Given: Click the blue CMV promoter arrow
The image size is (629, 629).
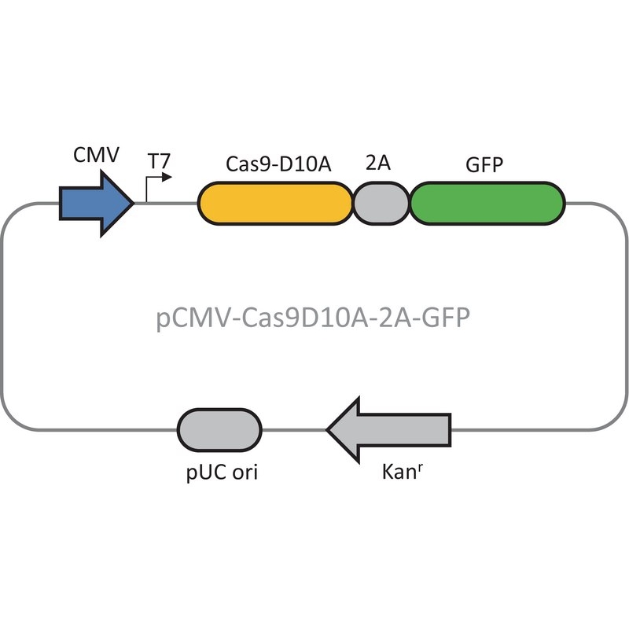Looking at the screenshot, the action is [96, 204].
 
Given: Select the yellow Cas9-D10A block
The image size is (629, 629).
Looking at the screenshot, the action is [276, 204].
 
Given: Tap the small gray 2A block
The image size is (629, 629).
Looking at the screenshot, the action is [381, 204].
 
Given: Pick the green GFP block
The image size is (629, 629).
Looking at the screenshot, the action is [487, 204].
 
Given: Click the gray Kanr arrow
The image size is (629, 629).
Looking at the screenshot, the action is [388, 429].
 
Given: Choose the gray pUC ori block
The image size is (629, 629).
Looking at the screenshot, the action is [219, 429].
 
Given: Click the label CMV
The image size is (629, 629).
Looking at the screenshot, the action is [96, 155].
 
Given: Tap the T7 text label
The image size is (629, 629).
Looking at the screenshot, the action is [160, 161].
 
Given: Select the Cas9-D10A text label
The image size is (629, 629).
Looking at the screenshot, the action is [278, 164].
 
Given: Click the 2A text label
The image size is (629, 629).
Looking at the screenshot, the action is [378, 163].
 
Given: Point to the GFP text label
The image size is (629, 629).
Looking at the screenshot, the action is [484, 164].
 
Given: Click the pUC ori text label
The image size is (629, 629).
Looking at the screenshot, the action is [222, 473].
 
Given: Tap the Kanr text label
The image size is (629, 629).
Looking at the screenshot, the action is [403, 471].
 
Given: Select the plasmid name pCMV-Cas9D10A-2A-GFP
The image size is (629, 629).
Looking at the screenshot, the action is [313, 318].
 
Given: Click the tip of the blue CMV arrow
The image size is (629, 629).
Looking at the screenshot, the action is [134, 204].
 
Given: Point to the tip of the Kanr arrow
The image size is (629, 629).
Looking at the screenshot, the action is [326, 429].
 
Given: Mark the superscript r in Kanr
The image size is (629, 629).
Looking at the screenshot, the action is [420, 467].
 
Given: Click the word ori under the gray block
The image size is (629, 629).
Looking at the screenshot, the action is [245, 472].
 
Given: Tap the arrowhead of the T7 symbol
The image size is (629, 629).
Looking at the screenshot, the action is [167, 177].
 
